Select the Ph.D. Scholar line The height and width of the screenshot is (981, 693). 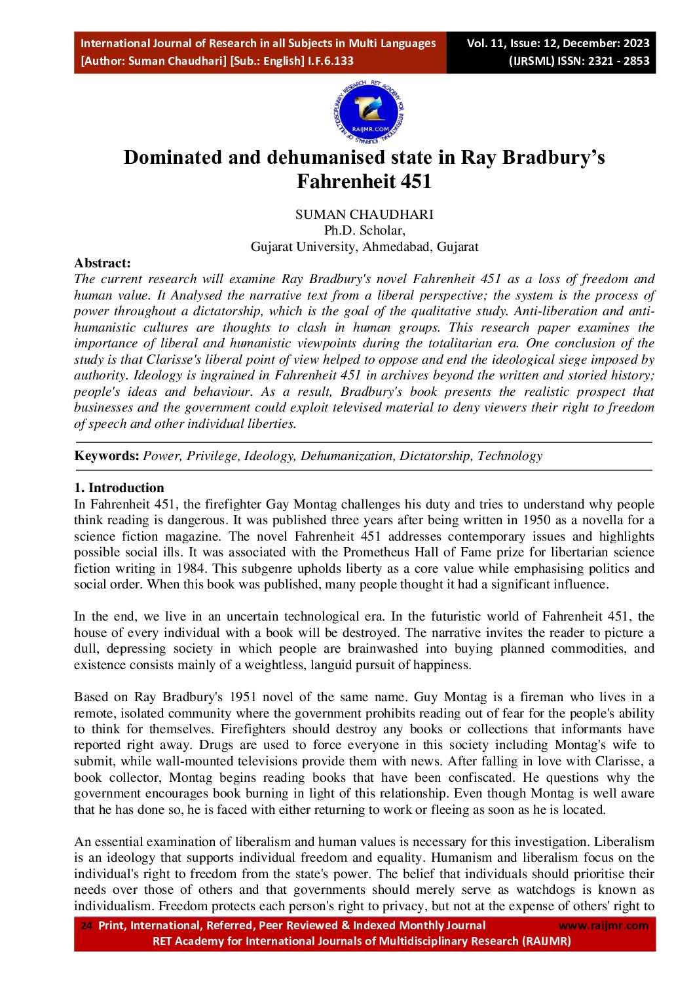(x=364, y=231)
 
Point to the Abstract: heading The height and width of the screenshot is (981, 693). (x=102, y=263)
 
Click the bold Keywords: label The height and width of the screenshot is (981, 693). (x=107, y=456)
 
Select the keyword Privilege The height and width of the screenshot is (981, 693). (x=212, y=456)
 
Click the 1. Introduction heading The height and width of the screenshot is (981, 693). (x=119, y=488)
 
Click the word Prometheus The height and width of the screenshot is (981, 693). (x=376, y=552)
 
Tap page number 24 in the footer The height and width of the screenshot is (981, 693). (x=86, y=926)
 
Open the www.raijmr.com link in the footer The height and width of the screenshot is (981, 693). (x=603, y=926)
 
